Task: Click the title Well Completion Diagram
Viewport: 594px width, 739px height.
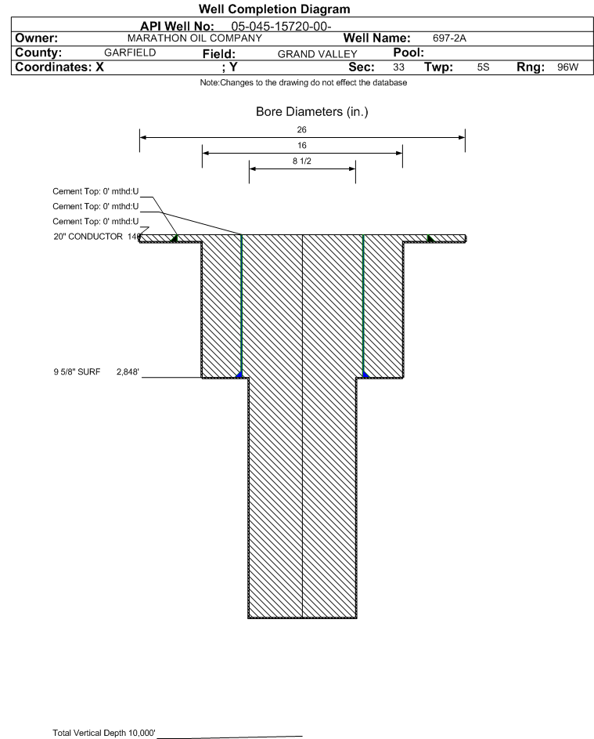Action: pyautogui.click(x=274, y=9)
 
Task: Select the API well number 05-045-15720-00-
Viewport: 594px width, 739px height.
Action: pyautogui.click(x=281, y=27)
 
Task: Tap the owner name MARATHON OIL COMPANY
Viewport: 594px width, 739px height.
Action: pyautogui.click(x=194, y=38)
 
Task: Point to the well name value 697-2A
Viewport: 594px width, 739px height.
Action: pyautogui.click(x=449, y=38)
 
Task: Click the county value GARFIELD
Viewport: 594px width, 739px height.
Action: pyautogui.click(x=130, y=53)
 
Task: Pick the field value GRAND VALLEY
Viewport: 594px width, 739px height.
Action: pyautogui.click(x=317, y=54)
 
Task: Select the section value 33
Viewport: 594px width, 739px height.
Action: pyautogui.click(x=398, y=67)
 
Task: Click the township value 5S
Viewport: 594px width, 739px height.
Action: pyautogui.click(x=484, y=67)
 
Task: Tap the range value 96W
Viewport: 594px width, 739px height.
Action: pyautogui.click(x=567, y=67)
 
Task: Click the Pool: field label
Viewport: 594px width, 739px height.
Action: pyautogui.click(x=409, y=53)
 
